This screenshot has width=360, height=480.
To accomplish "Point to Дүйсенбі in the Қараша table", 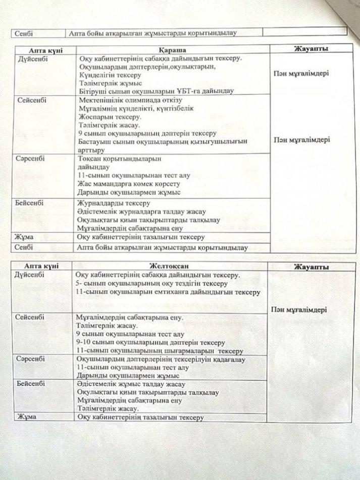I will (x=31, y=59).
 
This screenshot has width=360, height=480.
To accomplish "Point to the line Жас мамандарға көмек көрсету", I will (x=129, y=184).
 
